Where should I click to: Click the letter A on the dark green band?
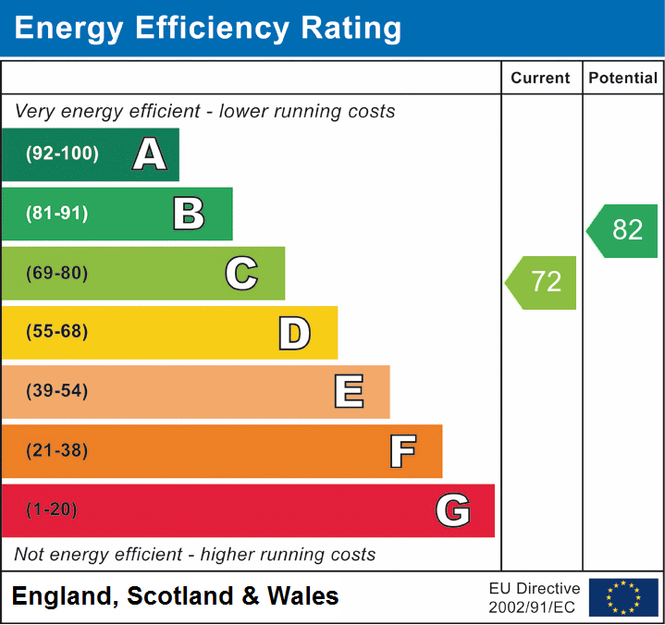(149, 154)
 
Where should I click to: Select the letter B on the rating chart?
(189, 214)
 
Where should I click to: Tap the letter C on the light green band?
(241, 273)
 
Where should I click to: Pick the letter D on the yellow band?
(294, 333)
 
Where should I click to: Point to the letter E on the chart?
(348, 392)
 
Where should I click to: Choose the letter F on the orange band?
(401, 451)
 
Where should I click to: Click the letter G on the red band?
(453, 510)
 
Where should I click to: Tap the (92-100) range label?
(62, 154)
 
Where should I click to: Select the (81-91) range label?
(57, 214)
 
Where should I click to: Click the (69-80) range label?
(57, 273)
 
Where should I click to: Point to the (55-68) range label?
(57, 332)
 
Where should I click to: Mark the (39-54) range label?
(57, 391)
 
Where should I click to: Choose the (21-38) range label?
(57, 451)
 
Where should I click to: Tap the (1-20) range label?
(52, 510)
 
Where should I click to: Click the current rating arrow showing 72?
(542, 282)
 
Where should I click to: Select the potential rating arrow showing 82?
(623, 230)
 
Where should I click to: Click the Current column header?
(542, 79)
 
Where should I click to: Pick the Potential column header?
(623, 79)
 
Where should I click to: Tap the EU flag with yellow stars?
(623, 597)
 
